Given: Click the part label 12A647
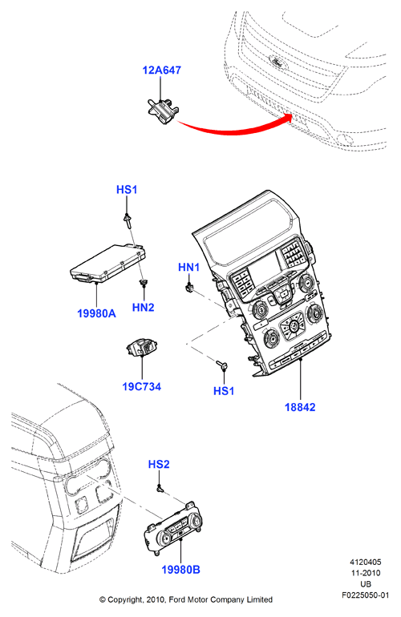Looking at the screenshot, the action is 161,70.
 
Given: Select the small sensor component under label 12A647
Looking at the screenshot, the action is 162,111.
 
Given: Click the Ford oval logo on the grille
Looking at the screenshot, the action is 277,62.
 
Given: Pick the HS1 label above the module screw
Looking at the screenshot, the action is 127,190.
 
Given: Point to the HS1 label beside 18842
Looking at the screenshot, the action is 223,391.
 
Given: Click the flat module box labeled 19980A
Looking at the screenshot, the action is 108,264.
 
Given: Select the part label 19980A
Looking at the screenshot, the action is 96,313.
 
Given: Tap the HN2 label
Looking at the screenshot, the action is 143,308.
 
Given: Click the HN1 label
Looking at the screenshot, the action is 188,267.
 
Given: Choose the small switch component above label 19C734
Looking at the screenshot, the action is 141,348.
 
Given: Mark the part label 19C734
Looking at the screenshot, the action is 141,387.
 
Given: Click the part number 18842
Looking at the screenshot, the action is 300,407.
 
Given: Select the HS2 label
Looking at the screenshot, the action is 159,464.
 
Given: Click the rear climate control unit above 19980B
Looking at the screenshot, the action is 174,528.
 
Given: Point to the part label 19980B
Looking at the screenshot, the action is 180,570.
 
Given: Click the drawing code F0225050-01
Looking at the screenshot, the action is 365,595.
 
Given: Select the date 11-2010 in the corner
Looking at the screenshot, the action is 366,573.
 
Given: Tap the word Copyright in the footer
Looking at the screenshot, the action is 125,599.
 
